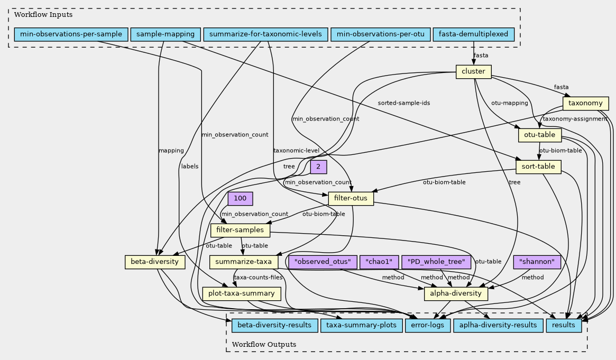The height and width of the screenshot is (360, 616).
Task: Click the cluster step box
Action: [x=473, y=72]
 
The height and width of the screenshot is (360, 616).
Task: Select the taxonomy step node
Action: [x=585, y=104]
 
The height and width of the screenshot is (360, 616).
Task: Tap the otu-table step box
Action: [x=539, y=135]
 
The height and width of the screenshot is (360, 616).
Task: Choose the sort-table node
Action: [x=538, y=167]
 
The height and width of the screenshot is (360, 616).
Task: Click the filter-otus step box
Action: [x=351, y=199]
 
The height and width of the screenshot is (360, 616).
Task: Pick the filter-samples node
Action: [x=240, y=230]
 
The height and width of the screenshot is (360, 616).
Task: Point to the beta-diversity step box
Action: [x=155, y=262]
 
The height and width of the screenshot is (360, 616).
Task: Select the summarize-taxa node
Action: [x=244, y=262]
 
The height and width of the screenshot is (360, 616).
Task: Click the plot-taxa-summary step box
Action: [x=242, y=293]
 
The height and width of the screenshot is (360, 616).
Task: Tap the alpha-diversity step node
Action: [x=456, y=293]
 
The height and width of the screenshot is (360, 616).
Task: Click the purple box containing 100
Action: [x=240, y=199]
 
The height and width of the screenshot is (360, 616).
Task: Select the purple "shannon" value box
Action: [x=537, y=262]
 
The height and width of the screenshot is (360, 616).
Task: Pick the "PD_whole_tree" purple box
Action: [x=436, y=262]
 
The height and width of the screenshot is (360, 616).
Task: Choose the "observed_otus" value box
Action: [x=323, y=262]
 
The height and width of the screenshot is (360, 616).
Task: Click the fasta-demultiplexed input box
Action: [x=473, y=34]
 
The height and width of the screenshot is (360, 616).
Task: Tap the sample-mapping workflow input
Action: [x=166, y=34]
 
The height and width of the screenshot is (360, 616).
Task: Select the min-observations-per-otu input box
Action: [x=381, y=34]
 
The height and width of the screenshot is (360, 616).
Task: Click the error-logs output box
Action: [x=427, y=326]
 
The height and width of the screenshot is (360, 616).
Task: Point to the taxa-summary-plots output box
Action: [x=362, y=326]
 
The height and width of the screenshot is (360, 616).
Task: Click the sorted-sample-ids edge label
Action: [x=404, y=103]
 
